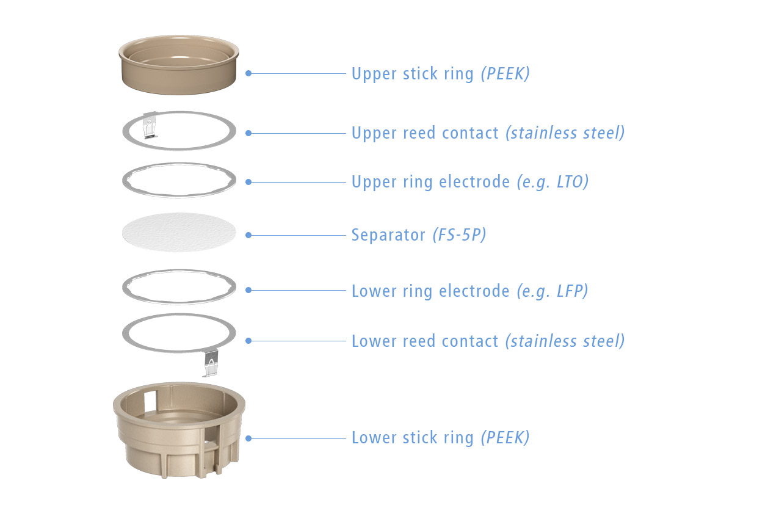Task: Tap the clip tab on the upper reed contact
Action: click(x=150, y=125)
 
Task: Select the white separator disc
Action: click(x=179, y=232)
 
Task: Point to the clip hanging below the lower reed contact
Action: click(x=211, y=363)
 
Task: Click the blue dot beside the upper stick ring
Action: click(x=248, y=73)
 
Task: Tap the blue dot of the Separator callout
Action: click(x=248, y=235)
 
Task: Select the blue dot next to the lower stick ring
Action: click(x=248, y=438)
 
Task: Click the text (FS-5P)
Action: click(x=460, y=235)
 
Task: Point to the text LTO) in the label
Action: click(x=573, y=182)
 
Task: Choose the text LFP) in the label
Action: click(x=573, y=291)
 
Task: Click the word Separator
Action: click(x=388, y=235)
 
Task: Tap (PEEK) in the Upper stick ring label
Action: click(x=505, y=74)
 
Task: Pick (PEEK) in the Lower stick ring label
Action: click(x=505, y=438)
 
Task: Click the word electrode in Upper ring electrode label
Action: click(x=474, y=182)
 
